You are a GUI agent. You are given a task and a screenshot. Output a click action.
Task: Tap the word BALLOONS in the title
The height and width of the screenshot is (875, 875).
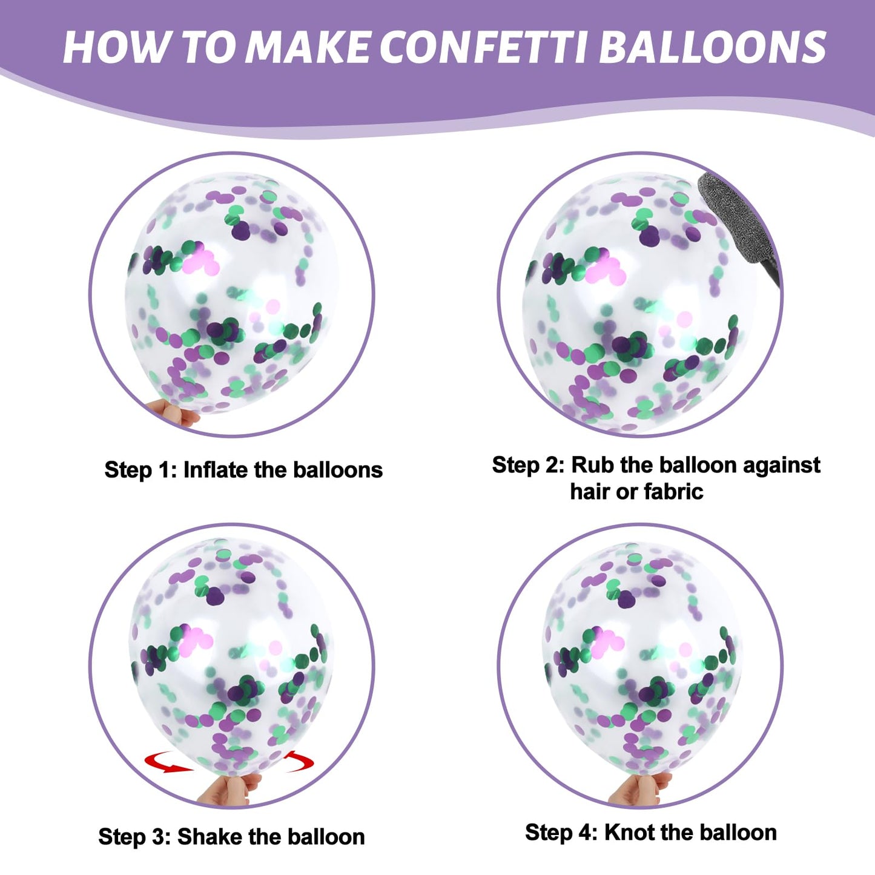(713, 47)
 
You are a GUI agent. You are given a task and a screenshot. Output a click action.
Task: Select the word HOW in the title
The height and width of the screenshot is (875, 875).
(116, 47)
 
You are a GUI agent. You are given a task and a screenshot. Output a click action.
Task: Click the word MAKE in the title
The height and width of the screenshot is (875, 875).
(306, 47)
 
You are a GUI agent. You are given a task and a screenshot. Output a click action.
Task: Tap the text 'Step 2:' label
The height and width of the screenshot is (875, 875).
(528, 465)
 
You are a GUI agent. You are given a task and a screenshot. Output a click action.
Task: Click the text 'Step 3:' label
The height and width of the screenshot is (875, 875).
(134, 836)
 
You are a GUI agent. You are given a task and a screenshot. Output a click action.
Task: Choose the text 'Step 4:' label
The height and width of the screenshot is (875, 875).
(561, 833)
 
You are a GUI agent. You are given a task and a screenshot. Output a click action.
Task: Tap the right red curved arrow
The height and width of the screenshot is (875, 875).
(299, 762)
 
